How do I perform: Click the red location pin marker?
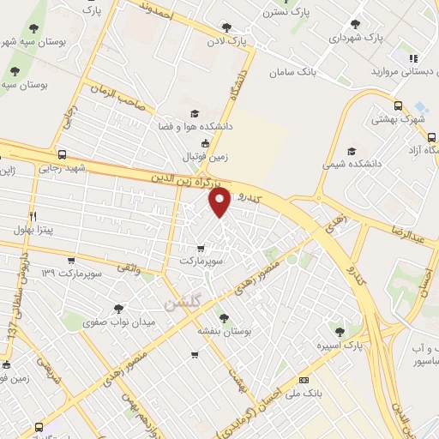click(x=220, y=202)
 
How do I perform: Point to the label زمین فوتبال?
click(x=201, y=158)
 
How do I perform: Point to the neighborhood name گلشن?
click(x=184, y=304)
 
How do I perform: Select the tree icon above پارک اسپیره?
click(x=340, y=331)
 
